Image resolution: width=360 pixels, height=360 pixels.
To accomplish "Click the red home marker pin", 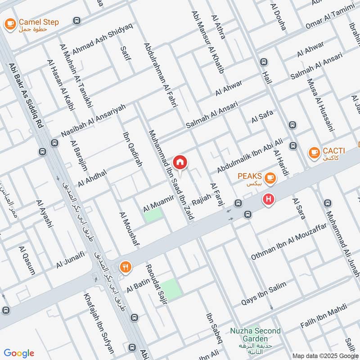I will [x=180, y=162].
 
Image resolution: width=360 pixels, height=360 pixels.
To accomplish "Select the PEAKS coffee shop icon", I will [x=270, y=179].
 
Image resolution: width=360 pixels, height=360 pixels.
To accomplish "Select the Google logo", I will [x=19, y=353].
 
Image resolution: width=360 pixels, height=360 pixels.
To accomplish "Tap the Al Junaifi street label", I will [x=70, y=260].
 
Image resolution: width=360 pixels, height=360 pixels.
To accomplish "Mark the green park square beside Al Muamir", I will [x=153, y=215].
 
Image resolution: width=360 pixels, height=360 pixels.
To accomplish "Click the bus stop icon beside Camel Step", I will [x=77, y=21].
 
